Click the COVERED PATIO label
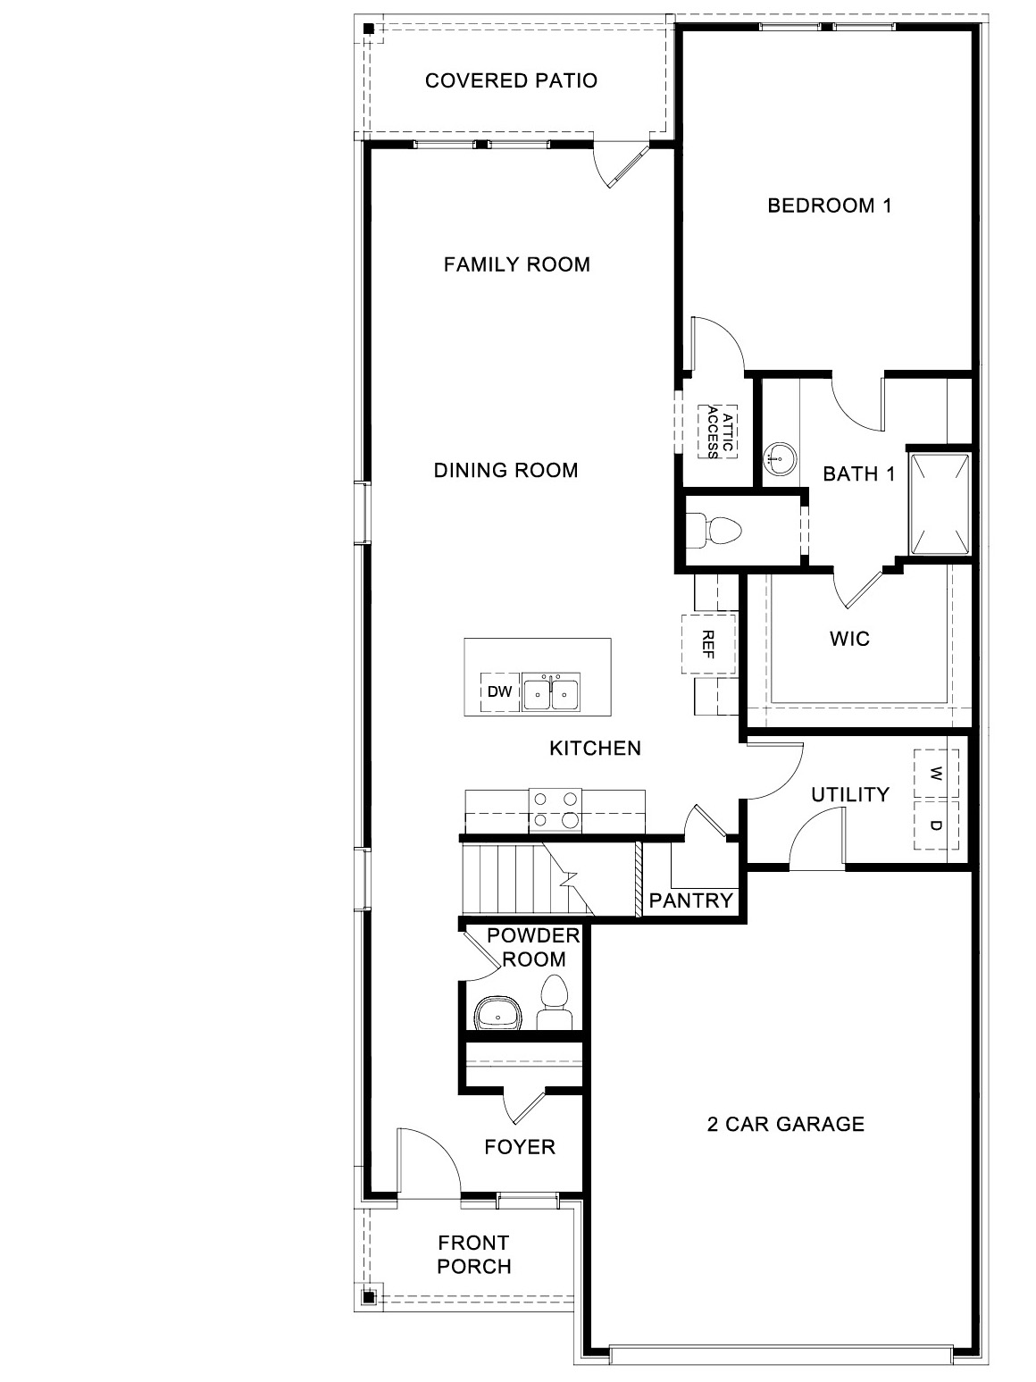click(x=511, y=81)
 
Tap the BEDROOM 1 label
click(x=830, y=206)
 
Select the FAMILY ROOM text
click(x=516, y=264)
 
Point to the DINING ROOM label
click(x=505, y=470)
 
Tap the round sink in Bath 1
click(x=778, y=459)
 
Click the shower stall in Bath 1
click(x=939, y=504)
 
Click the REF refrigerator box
click(x=708, y=643)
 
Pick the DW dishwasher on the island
click(x=500, y=691)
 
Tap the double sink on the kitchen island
click(x=551, y=692)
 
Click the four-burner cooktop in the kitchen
click(x=555, y=809)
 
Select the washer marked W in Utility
click(x=936, y=773)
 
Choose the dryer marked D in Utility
click(x=936, y=825)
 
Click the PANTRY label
click(x=691, y=900)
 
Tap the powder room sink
click(x=498, y=1014)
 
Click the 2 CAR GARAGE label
click(x=785, y=1124)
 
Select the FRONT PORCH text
click(x=474, y=1254)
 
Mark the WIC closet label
click(x=848, y=640)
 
